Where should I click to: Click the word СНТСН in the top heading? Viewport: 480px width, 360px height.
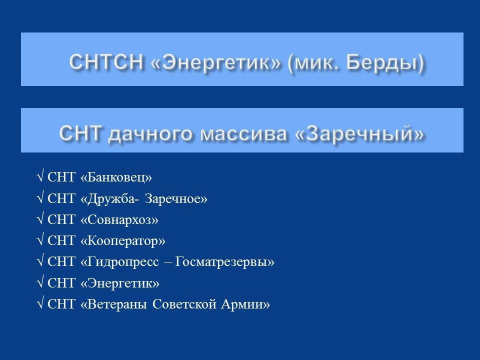click(106, 61)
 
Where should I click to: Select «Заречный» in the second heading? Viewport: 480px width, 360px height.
click(359, 133)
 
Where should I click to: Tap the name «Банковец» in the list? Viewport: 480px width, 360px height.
click(116, 177)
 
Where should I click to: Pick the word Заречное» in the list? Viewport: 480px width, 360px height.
click(176, 198)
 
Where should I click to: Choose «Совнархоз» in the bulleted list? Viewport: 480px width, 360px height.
click(119, 219)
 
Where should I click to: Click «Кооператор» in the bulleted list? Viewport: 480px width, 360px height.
click(123, 241)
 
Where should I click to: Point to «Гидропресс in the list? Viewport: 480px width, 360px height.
click(119, 262)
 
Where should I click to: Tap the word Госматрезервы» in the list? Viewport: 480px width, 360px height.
click(224, 262)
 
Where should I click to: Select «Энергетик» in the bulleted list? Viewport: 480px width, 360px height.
click(120, 283)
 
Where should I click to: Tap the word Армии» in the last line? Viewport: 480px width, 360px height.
click(245, 304)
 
